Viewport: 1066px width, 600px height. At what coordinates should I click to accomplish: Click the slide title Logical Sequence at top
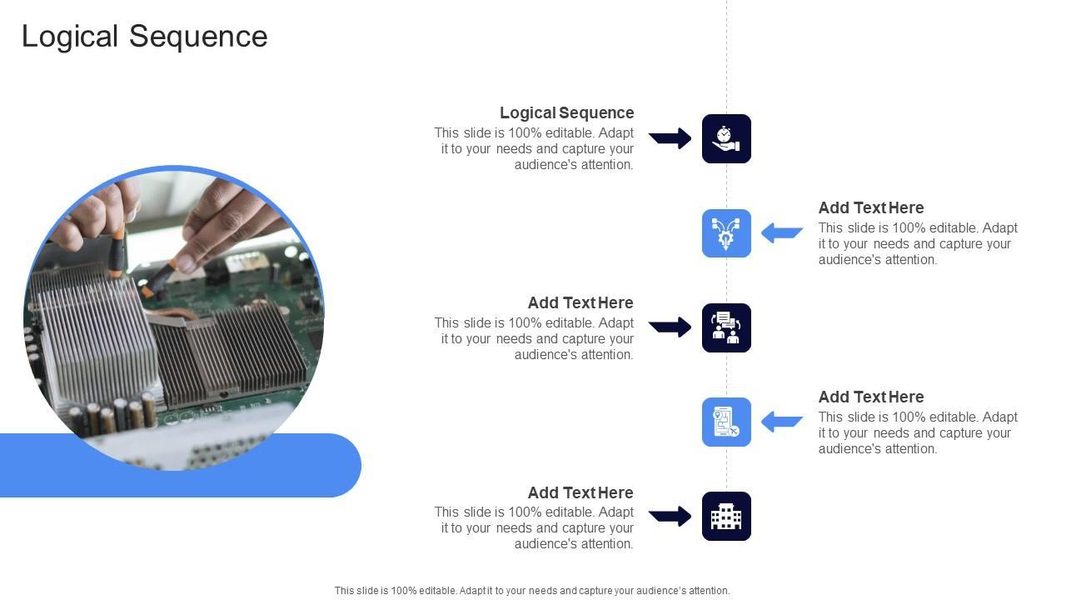click(x=144, y=37)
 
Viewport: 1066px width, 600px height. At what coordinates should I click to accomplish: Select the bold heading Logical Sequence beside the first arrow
click(x=566, y=112)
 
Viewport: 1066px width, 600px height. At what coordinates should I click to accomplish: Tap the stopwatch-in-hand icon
click(x=726, y=138)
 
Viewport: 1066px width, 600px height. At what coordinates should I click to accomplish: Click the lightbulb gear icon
click(x=726, y=233)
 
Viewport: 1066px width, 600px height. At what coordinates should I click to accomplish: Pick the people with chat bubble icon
click(x=726, y=327)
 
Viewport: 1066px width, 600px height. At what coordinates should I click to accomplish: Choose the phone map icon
click(x=726, y=422)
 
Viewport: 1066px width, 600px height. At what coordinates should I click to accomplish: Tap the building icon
click(x=726, y=516)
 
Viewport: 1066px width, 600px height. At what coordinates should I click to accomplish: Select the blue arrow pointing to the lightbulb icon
click(x=782, y=233)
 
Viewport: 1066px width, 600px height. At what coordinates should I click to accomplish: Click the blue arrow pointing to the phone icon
click(x=782, y=422)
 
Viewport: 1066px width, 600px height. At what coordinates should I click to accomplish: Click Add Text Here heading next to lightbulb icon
click(x=870, y=207)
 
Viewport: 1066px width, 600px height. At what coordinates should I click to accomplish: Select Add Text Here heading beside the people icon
click(x=580, y=302)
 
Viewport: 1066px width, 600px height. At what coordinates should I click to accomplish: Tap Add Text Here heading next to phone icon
click(x=870, y=397)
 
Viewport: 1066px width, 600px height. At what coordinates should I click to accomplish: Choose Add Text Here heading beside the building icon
click(x=580, y=492)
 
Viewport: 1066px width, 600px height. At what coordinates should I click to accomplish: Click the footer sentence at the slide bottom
click(x=532, y=591)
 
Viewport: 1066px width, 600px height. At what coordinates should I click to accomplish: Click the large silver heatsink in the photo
click(x=96, y=333)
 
